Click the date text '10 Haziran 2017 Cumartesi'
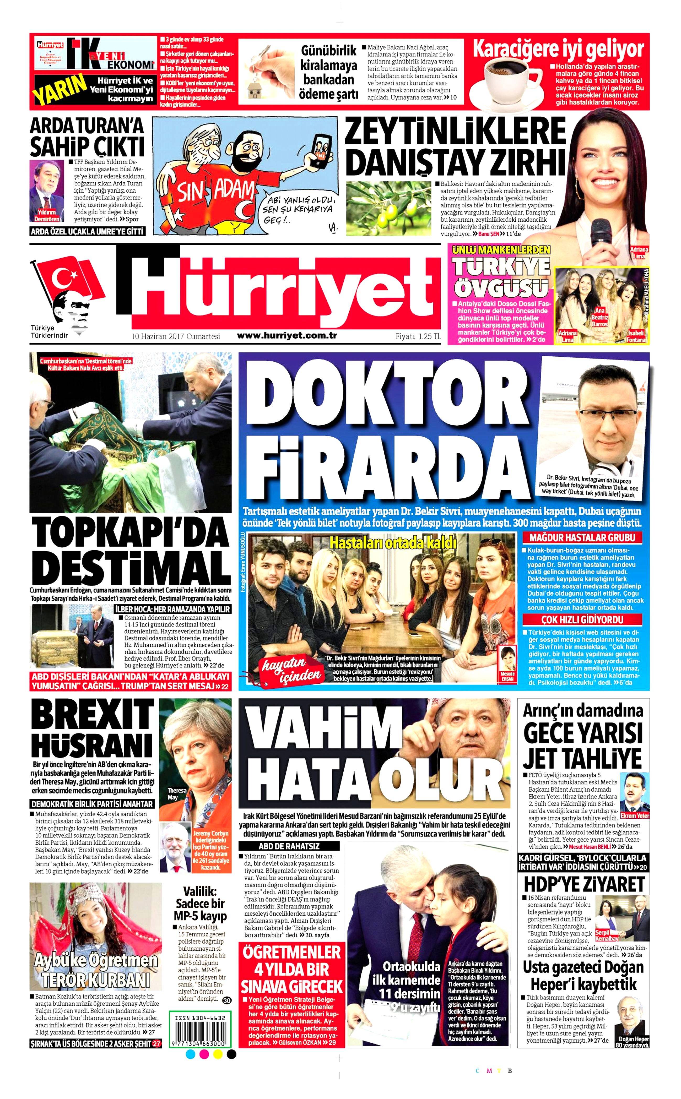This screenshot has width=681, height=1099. (x=176, y=336)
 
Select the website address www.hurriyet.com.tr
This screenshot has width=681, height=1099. (x=287, y=335)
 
